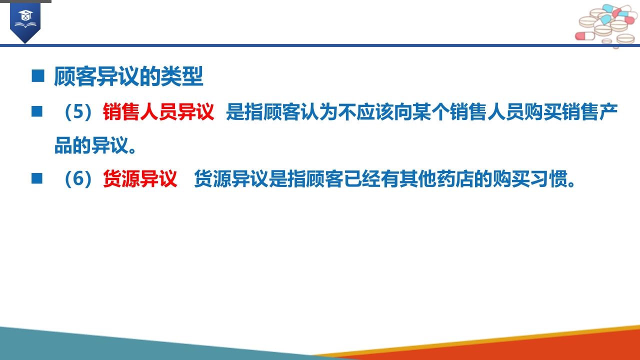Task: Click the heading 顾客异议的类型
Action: pos(128,76)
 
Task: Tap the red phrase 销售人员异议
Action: pos(158,111)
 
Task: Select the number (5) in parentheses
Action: pos(78,111)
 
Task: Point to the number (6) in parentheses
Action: pos(78,179)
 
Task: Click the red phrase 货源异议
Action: pos(140,179)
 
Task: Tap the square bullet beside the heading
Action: pos(37,76)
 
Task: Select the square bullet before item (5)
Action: pos(37,111)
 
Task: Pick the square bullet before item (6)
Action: pos(37,178)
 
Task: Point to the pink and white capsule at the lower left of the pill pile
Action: pos(585,36)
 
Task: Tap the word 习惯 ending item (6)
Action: pos(549,179)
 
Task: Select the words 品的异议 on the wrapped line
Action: pos(91,145)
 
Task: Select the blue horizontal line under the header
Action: pos(320,45)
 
